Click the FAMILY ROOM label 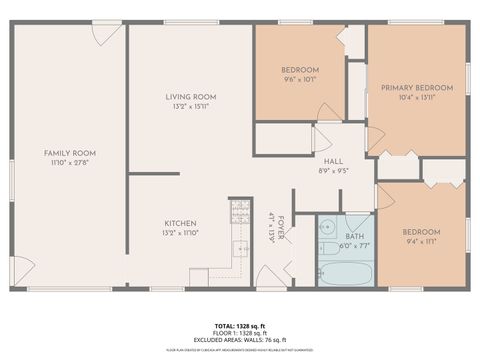pos(70,153)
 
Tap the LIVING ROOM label pos(191,97)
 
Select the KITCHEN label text pos(181,223)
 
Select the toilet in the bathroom pos(330,248)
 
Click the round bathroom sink pos(327,226)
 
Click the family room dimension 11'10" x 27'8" pos(70,162)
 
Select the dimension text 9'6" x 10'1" pos(300,79)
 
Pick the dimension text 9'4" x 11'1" pos(422,241)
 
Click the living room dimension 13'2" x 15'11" pos(191,106)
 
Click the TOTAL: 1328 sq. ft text pos(240,327)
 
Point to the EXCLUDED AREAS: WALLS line pos(240,340)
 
